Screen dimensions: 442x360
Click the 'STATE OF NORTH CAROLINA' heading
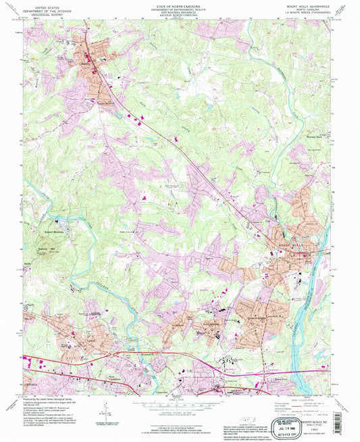coord(180,4)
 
